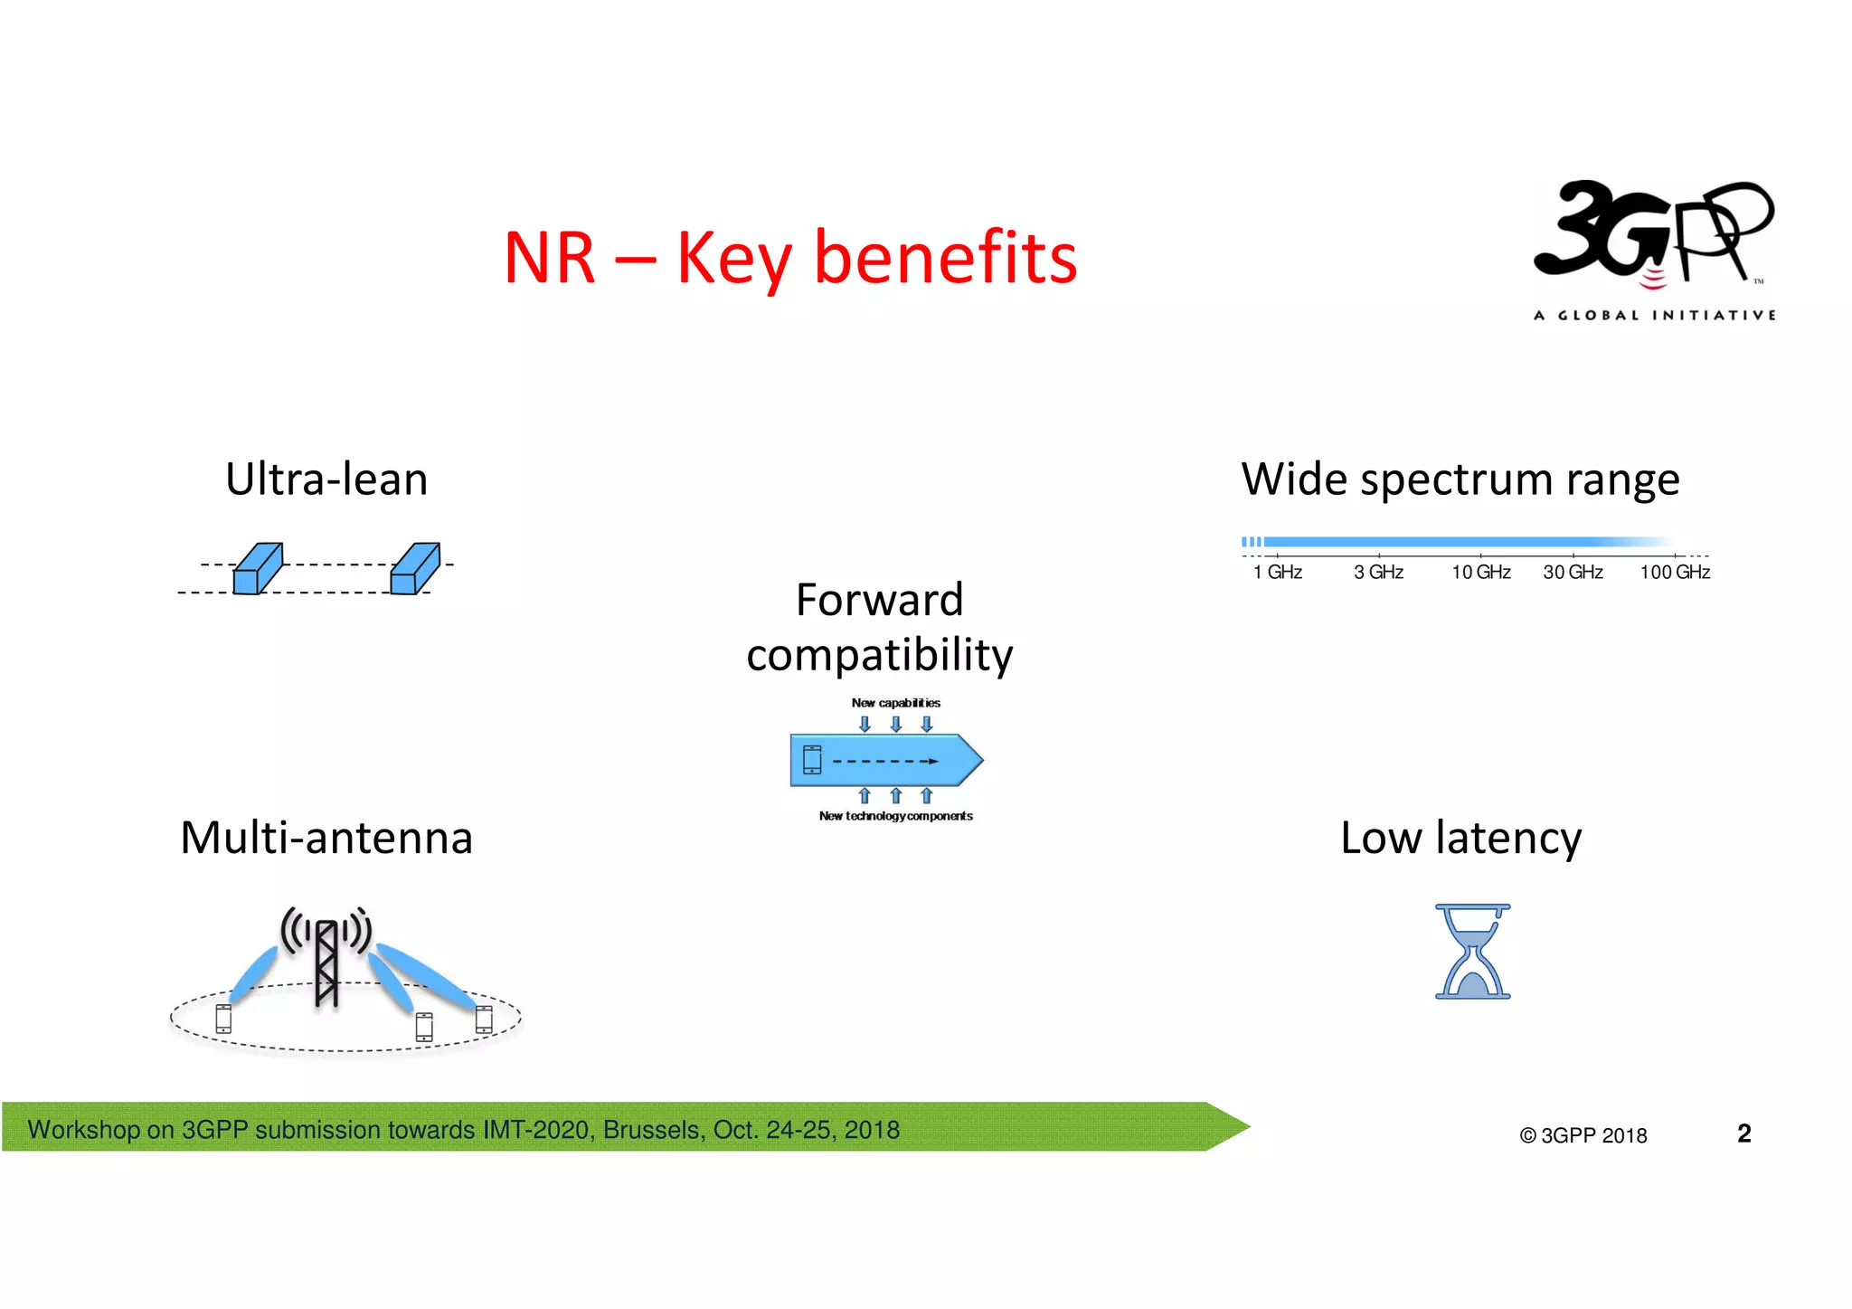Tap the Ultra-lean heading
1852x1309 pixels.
326,479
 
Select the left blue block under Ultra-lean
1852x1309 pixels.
258,569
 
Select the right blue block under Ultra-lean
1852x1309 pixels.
415,569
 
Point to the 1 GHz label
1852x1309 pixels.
1277,573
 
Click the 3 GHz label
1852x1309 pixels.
1378,573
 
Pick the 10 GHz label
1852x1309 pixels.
1480,573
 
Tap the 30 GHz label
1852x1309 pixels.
1573,573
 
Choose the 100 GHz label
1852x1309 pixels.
1675,573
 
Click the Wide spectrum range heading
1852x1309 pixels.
1460,479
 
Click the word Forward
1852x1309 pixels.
879,600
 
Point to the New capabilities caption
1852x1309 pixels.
895,703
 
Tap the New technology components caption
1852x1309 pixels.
895,816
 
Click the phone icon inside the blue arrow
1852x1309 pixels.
812,760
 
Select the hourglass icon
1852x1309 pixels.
1472,952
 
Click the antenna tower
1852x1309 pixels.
326,961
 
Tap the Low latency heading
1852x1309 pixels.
1460,838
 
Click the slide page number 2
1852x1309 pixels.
1743,1134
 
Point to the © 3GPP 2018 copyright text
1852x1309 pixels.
1583,1135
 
